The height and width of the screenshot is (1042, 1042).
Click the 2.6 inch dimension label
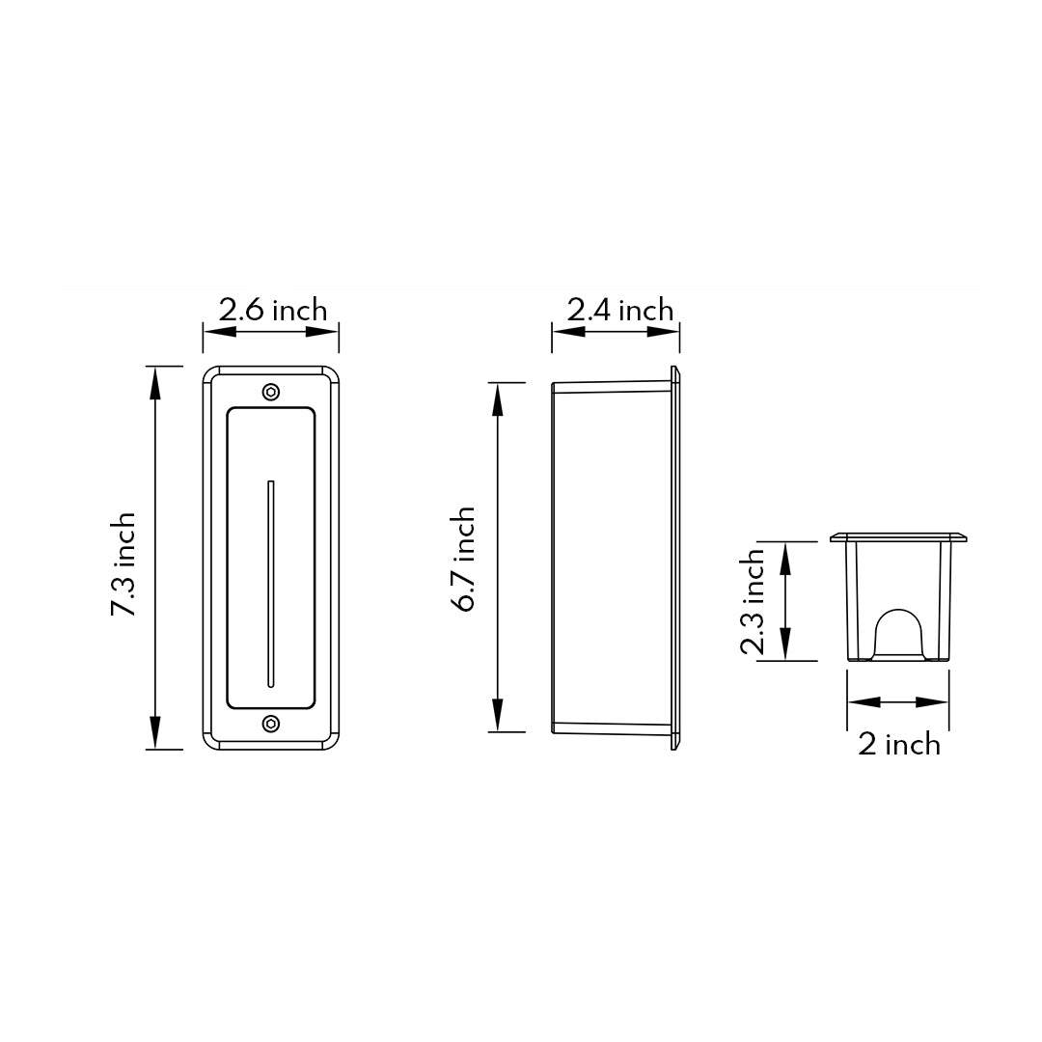pos(272,310)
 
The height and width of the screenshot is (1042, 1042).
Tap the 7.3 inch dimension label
pos(123,564)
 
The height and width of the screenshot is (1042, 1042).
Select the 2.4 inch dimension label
pos(619,310)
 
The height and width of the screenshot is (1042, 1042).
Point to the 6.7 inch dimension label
pos(464,560)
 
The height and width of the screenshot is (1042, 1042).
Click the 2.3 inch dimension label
pos(753,602)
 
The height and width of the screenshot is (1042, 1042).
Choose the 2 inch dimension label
pos(898,744)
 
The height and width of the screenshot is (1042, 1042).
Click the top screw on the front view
pos(271,392)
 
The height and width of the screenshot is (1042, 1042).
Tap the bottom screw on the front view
pos(271,724)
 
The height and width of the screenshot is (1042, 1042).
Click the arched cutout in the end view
pos(898,633)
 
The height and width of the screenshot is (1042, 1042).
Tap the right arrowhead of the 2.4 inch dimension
pos(664,331)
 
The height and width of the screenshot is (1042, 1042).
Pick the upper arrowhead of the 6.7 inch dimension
pos(498,398)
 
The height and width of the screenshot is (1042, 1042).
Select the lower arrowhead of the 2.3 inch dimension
pos(784,644)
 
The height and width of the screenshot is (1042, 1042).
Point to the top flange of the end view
pos(898,536)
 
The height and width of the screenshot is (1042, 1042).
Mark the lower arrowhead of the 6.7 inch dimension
pos(498,715)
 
